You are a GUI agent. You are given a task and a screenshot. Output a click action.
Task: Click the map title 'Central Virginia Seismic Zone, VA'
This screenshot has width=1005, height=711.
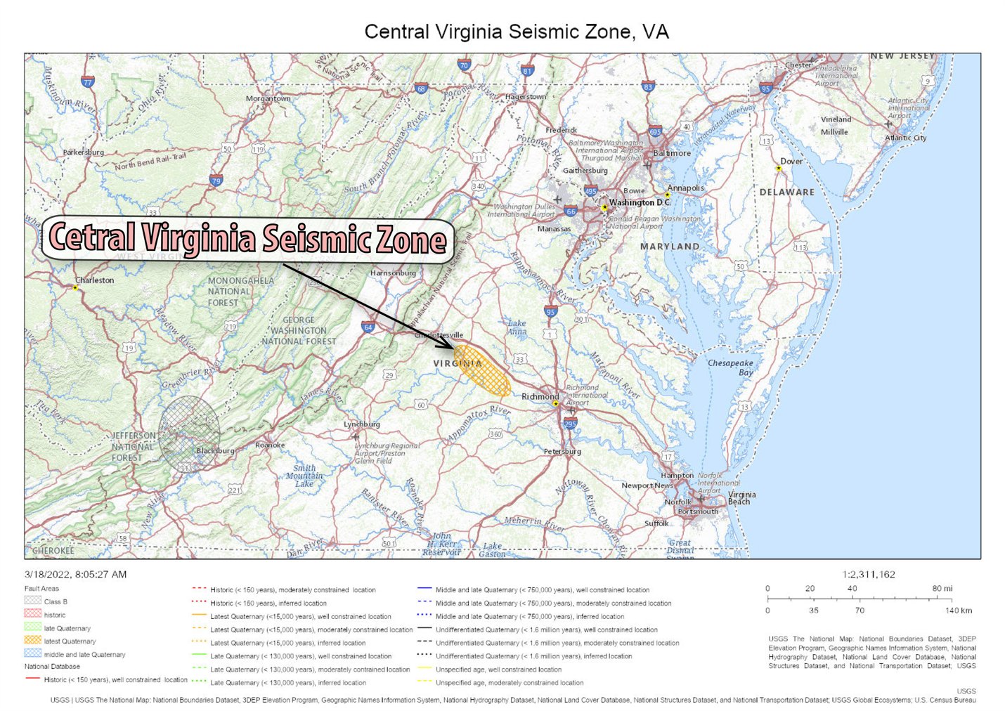(x=516, y=32)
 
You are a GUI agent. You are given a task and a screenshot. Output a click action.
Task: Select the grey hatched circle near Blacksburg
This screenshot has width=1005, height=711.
(x=188, y=433)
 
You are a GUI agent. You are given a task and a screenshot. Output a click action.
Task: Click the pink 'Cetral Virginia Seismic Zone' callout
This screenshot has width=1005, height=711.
(x=247, y=240)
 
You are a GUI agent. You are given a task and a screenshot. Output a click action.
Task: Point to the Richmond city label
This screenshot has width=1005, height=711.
(x=540, y=397)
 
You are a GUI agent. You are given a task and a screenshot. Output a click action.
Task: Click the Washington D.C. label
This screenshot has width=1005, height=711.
(x=640, y=202)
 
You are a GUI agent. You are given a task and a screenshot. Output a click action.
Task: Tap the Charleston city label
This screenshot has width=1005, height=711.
(x=94, y=280)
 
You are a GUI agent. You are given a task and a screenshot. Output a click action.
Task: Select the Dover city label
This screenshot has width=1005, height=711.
(x=791, y=161)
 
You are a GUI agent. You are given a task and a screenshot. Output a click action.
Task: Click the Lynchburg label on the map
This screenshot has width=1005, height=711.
(x=361, y=424)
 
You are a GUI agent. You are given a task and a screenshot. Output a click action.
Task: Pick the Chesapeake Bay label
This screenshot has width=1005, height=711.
(x=730, y=367)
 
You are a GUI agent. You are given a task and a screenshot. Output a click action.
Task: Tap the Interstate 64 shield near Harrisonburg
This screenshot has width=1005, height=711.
(x=368, y=327)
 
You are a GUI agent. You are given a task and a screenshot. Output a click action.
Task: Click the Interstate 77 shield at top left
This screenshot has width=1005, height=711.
(x=87, y=81)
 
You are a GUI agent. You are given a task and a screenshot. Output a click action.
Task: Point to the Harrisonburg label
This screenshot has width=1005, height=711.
(x=393, y=273)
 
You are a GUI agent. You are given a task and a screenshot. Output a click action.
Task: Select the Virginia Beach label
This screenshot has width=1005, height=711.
(x=741, y=497)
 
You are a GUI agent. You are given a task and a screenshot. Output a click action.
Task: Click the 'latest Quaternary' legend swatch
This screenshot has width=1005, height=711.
(x=33, y=641)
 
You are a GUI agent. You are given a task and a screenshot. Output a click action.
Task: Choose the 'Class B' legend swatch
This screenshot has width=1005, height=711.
(x=33, y=601)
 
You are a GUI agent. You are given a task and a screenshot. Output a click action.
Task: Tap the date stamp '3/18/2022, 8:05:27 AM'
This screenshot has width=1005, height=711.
(x=75, y=574)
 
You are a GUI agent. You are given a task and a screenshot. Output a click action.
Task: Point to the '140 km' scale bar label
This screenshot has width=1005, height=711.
(x=958, y=611)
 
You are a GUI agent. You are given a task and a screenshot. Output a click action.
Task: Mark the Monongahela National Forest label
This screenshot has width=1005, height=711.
(x=240, y=292)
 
